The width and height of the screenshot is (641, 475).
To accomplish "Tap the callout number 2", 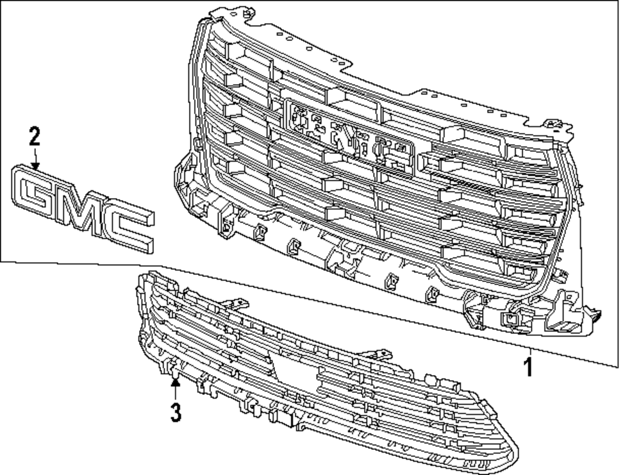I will coord(34,137).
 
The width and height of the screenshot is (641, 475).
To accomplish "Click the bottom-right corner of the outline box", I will coord(618,366).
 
